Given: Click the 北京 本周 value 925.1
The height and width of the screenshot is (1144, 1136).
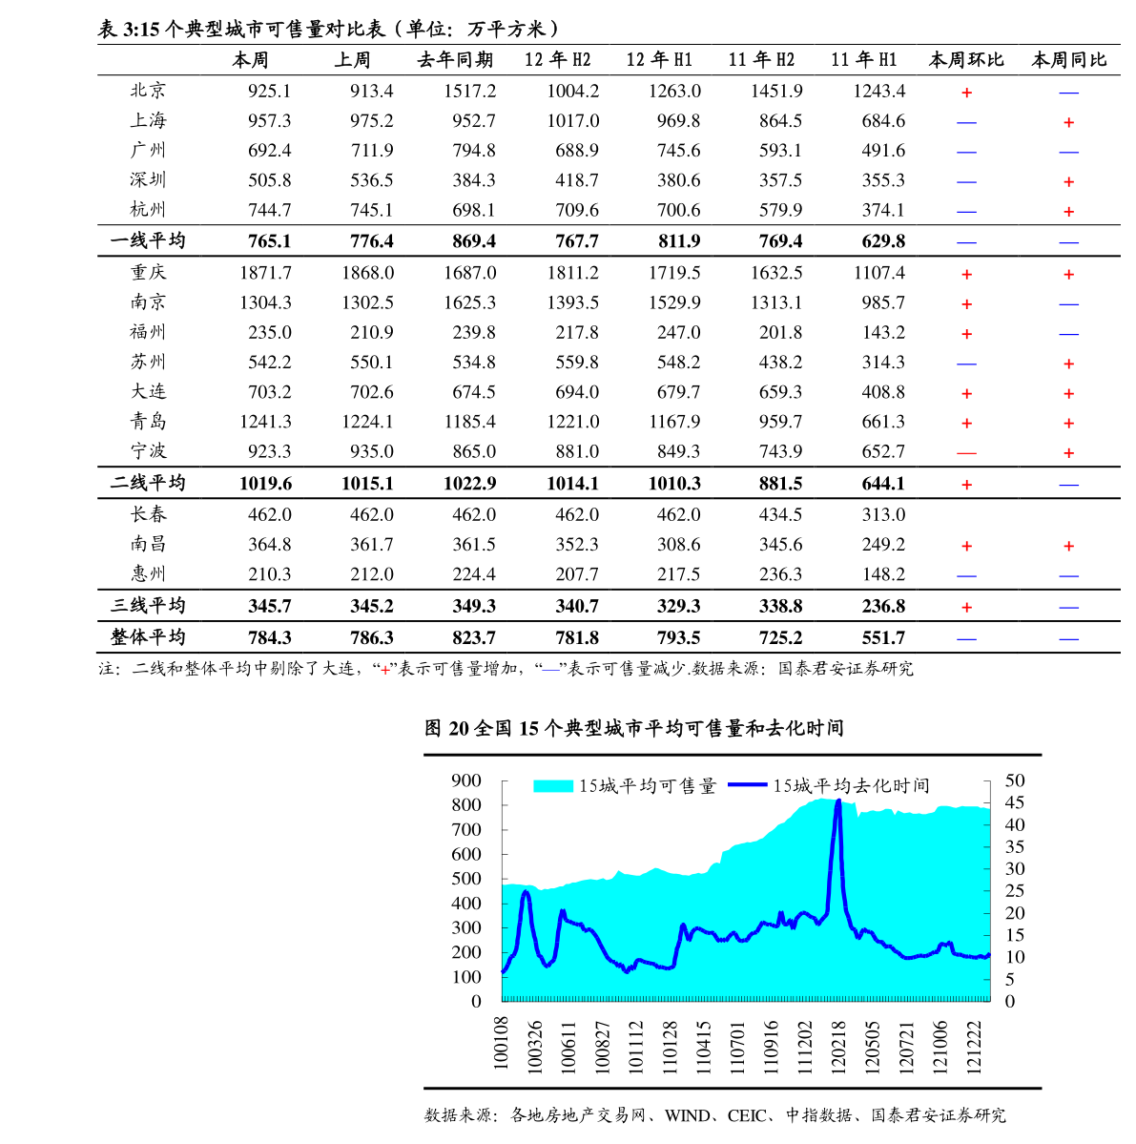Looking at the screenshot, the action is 269,92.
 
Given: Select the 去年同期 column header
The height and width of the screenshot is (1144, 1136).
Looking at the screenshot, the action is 455,60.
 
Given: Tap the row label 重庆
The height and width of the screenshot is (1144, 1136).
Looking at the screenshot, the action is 149,272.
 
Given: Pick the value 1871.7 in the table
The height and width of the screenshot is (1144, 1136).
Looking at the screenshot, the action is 265,273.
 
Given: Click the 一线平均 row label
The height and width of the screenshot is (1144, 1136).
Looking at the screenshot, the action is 148,240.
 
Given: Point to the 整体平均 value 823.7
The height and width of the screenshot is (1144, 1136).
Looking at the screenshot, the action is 474,637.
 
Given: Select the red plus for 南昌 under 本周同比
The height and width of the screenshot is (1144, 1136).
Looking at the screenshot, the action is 1069,546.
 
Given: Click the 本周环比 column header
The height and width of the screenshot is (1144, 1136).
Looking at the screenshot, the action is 966,60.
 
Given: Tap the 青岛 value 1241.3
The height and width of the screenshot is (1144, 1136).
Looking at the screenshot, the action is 265,422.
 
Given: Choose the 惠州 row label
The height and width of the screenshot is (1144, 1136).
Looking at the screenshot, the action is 149,573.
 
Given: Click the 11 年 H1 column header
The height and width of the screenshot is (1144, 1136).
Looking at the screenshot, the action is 864,60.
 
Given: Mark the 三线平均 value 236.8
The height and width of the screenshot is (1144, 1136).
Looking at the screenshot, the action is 883,606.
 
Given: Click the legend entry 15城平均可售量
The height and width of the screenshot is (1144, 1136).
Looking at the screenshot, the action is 625,786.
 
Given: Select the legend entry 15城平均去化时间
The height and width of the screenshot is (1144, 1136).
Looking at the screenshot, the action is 829,786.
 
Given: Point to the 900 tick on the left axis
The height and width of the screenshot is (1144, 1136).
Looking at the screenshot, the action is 466,780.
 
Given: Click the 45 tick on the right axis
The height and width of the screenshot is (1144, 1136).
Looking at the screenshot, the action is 1015,802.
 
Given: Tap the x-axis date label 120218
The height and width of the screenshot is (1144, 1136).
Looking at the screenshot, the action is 838,1047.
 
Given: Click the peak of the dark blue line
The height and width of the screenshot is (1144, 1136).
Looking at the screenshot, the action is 838,801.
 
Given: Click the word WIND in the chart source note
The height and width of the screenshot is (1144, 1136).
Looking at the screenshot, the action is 687,1115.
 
